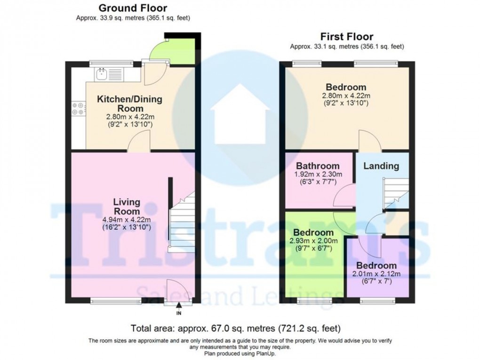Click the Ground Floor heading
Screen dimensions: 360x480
pos(132,8)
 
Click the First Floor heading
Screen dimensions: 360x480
pos(347,36)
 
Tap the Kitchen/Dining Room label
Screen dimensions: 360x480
pos(129,104)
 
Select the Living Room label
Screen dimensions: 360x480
pos(127,207)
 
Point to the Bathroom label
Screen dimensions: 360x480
pos(318,166)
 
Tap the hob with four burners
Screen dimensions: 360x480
pos(78,109)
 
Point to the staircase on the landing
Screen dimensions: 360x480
pos(395,193)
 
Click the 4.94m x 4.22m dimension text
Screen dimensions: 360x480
pos(127,220)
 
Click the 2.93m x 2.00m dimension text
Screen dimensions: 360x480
pos(314,241)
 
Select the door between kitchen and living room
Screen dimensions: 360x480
pos(139,142)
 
